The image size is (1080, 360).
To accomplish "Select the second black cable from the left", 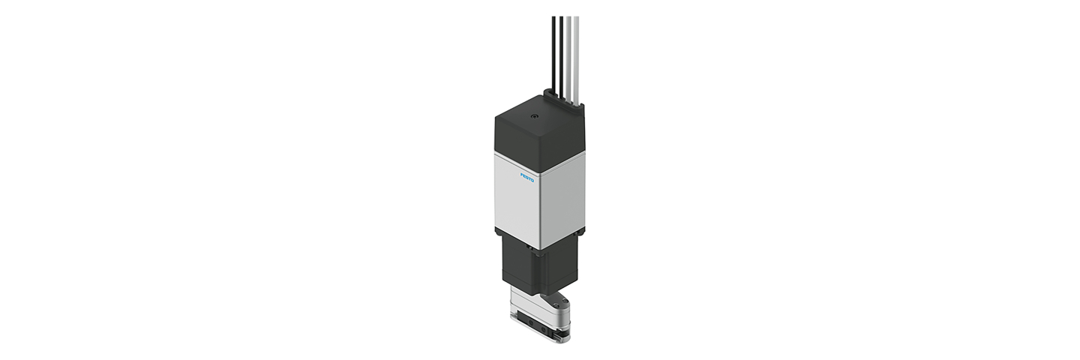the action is tap(561, 57).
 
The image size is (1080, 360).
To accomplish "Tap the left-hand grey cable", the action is tap(568, 58).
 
